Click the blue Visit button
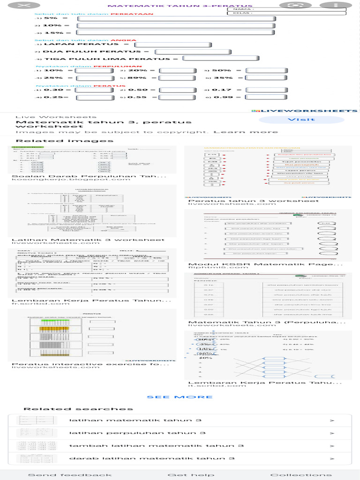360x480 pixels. tap(294, 120)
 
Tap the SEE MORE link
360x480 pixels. tap(180, 397)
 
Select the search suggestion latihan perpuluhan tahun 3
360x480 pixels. tap(137, 433)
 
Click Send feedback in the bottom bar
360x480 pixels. tap(70, 475)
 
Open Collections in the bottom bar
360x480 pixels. tap(300, 475)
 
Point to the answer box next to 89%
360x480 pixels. tap(178, 78)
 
